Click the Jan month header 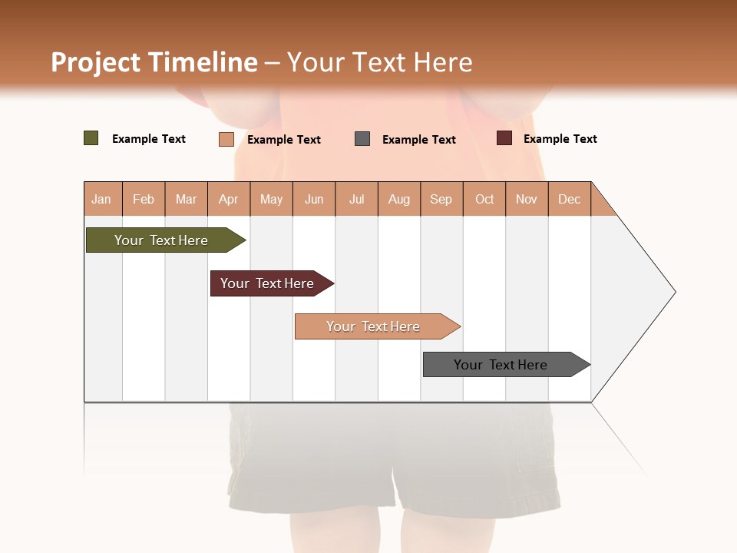(102, 199)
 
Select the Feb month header (144, 199)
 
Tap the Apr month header (229, 199)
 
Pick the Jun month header (314, 199)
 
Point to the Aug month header (399, 199)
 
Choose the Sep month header (441, 199)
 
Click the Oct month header (484, 199)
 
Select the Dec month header (570, 199)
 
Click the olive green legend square (91, 138)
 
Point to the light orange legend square (226, 139)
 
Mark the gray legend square (362, 138)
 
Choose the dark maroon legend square (504, 138)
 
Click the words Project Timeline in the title (154, 62)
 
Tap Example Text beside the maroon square (560, 139)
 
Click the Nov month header (527, 199)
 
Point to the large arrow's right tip (674, 292)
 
